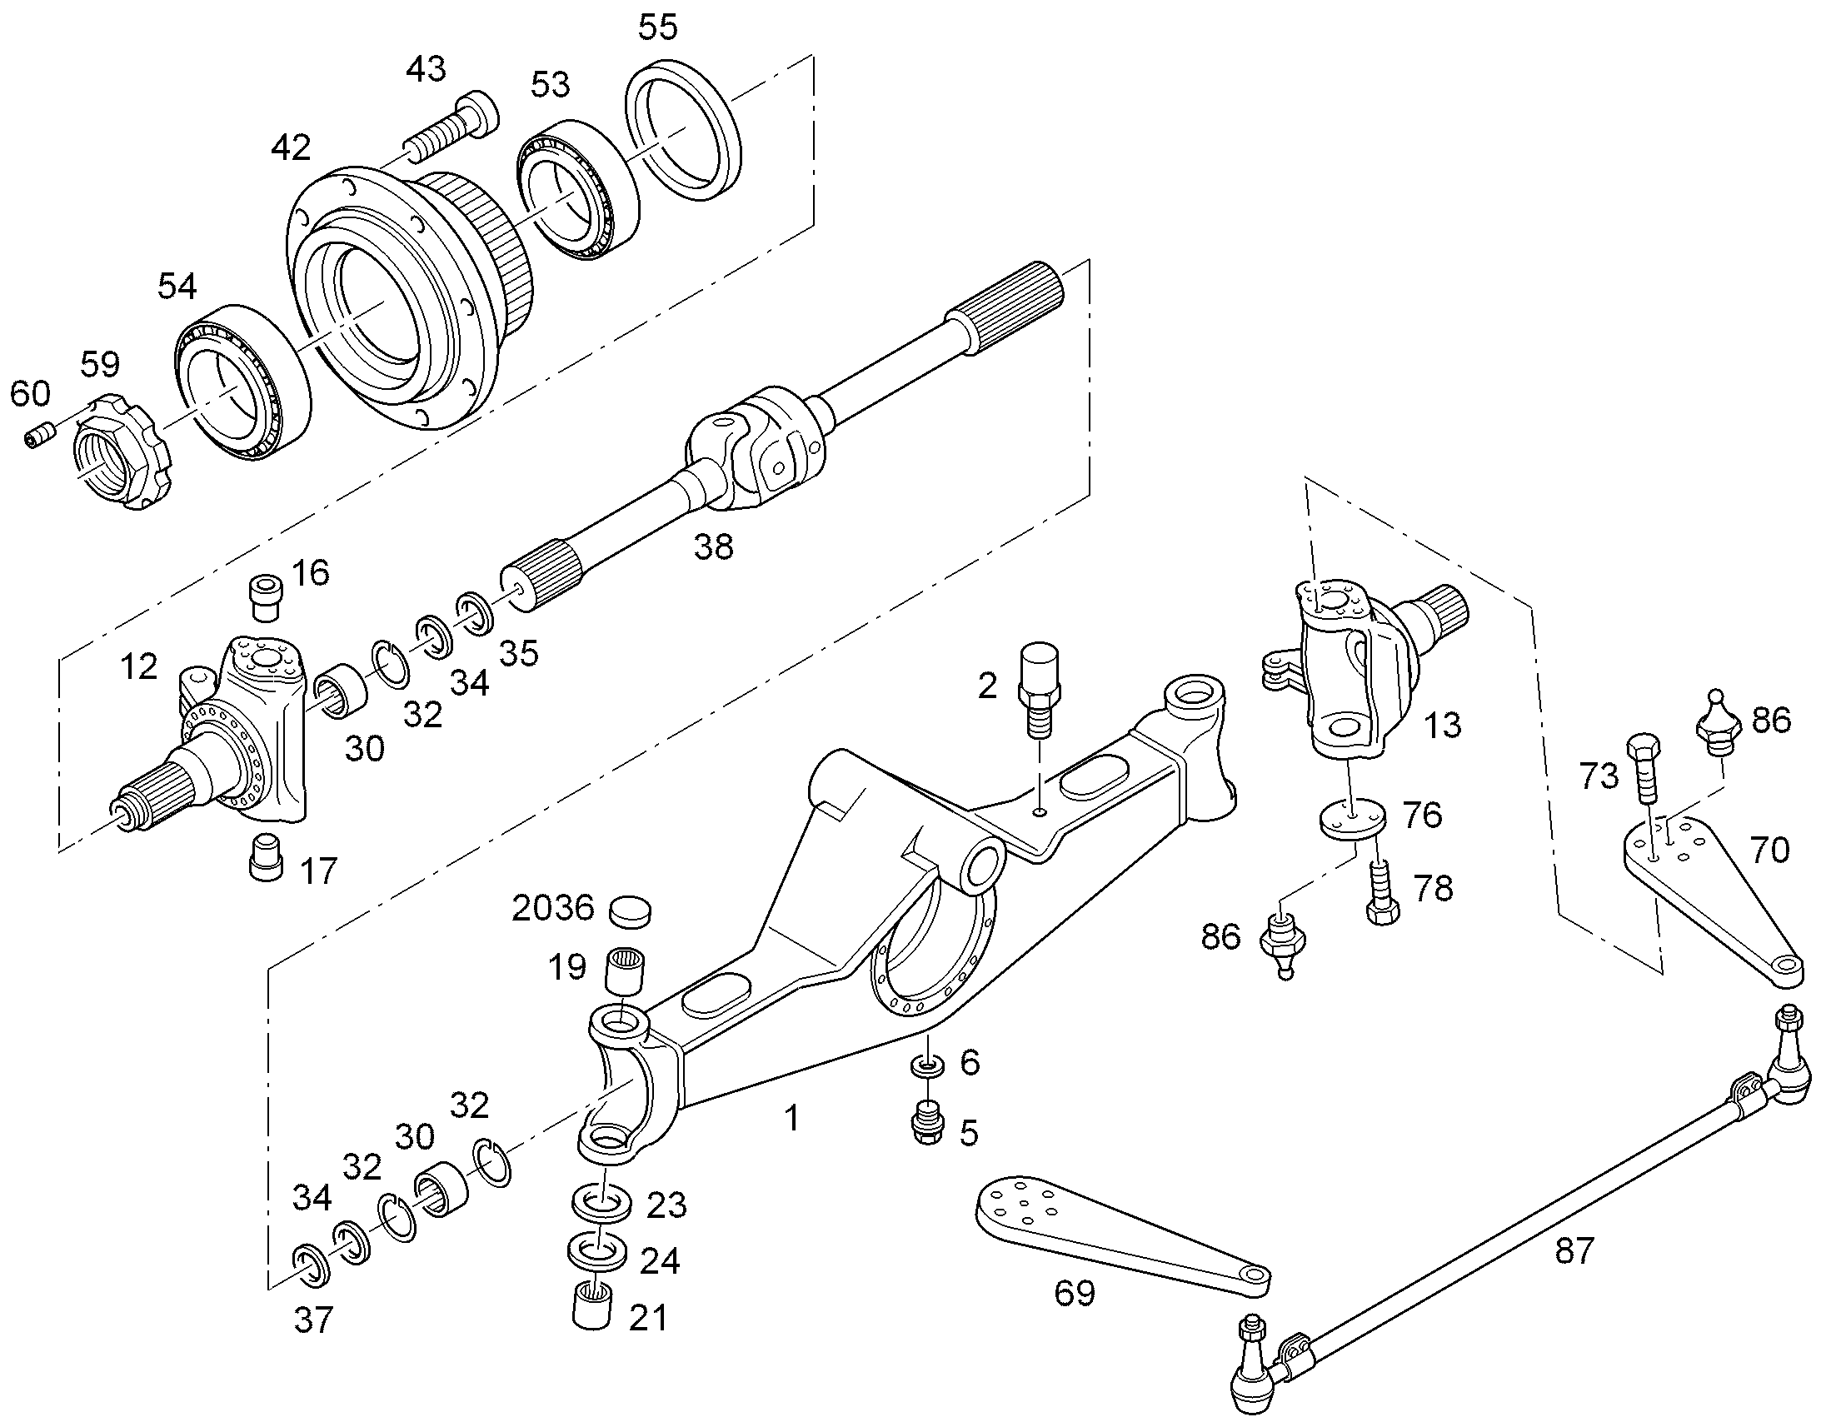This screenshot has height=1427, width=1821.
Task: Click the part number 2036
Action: (552, 909)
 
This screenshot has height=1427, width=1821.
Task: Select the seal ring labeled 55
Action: (684, 128)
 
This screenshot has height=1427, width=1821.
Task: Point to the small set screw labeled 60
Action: (40, 437)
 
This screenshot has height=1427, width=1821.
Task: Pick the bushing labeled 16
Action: (267, 597)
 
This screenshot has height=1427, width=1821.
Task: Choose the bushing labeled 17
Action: (267, 856)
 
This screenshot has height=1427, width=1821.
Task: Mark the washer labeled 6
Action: (927, 1066)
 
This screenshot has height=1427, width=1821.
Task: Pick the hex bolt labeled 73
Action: (1642, 767)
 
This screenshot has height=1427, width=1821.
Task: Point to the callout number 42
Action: (291, 148)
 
